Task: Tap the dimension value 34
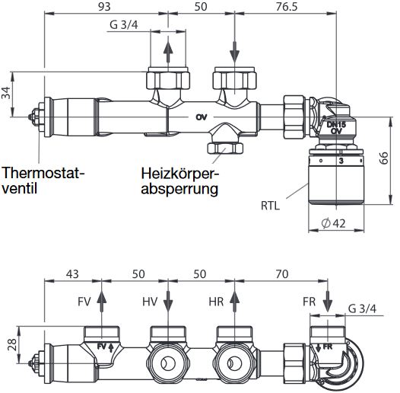(7, 94)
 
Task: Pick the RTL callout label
(269, 204)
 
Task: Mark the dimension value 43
(72, 273)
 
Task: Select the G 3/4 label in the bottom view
(362, 308)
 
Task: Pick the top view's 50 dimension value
(201, 7)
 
